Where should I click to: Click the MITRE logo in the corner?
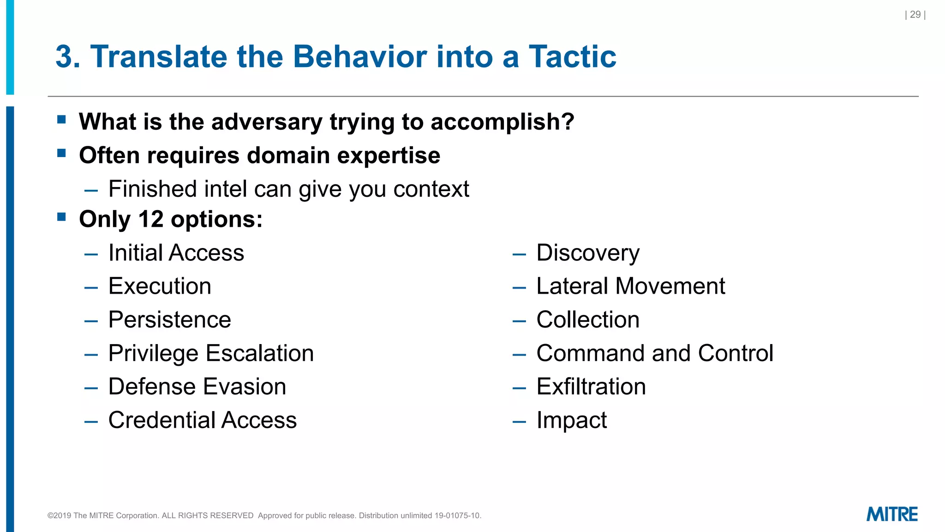(x=891, y=514)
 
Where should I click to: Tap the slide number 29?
(x=915, y=15)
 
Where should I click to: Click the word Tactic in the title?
(x=572, y=57)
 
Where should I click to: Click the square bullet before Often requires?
(x=61, y=153)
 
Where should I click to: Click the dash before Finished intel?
(x=91, y=190)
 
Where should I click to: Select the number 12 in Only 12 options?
(x=151, y=219)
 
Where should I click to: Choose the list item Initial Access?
(x=176, y=253)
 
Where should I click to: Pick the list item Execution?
(x=160, y=286)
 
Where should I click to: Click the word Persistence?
(x=169, y=320)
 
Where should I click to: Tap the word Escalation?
(x=260, y=353)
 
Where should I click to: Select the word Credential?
(x=161, y=420)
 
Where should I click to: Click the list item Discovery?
(x=587, y=253)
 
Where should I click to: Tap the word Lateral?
(x=572, y=286)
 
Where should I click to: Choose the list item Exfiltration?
(x=591, y=387)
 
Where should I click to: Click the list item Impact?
(x=571, y=421)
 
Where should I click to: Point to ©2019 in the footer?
(x=60, y=515)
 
